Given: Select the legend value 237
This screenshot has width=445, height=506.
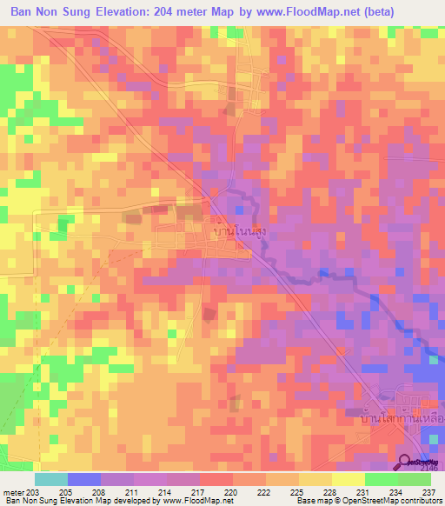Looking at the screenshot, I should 429,492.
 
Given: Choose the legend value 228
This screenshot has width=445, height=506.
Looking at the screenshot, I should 331,492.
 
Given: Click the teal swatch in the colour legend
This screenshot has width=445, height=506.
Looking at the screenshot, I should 51,479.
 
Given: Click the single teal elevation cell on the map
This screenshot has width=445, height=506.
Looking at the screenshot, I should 432,359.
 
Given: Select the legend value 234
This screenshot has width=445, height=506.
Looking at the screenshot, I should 397,492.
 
